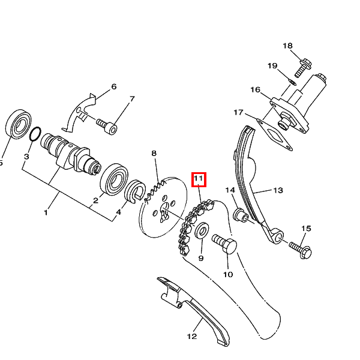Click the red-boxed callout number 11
199,178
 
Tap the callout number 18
287,46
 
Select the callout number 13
278,190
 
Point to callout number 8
154,153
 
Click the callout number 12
192,337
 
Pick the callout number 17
238,113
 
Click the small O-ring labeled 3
35,134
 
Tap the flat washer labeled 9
202,230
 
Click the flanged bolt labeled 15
301,250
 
